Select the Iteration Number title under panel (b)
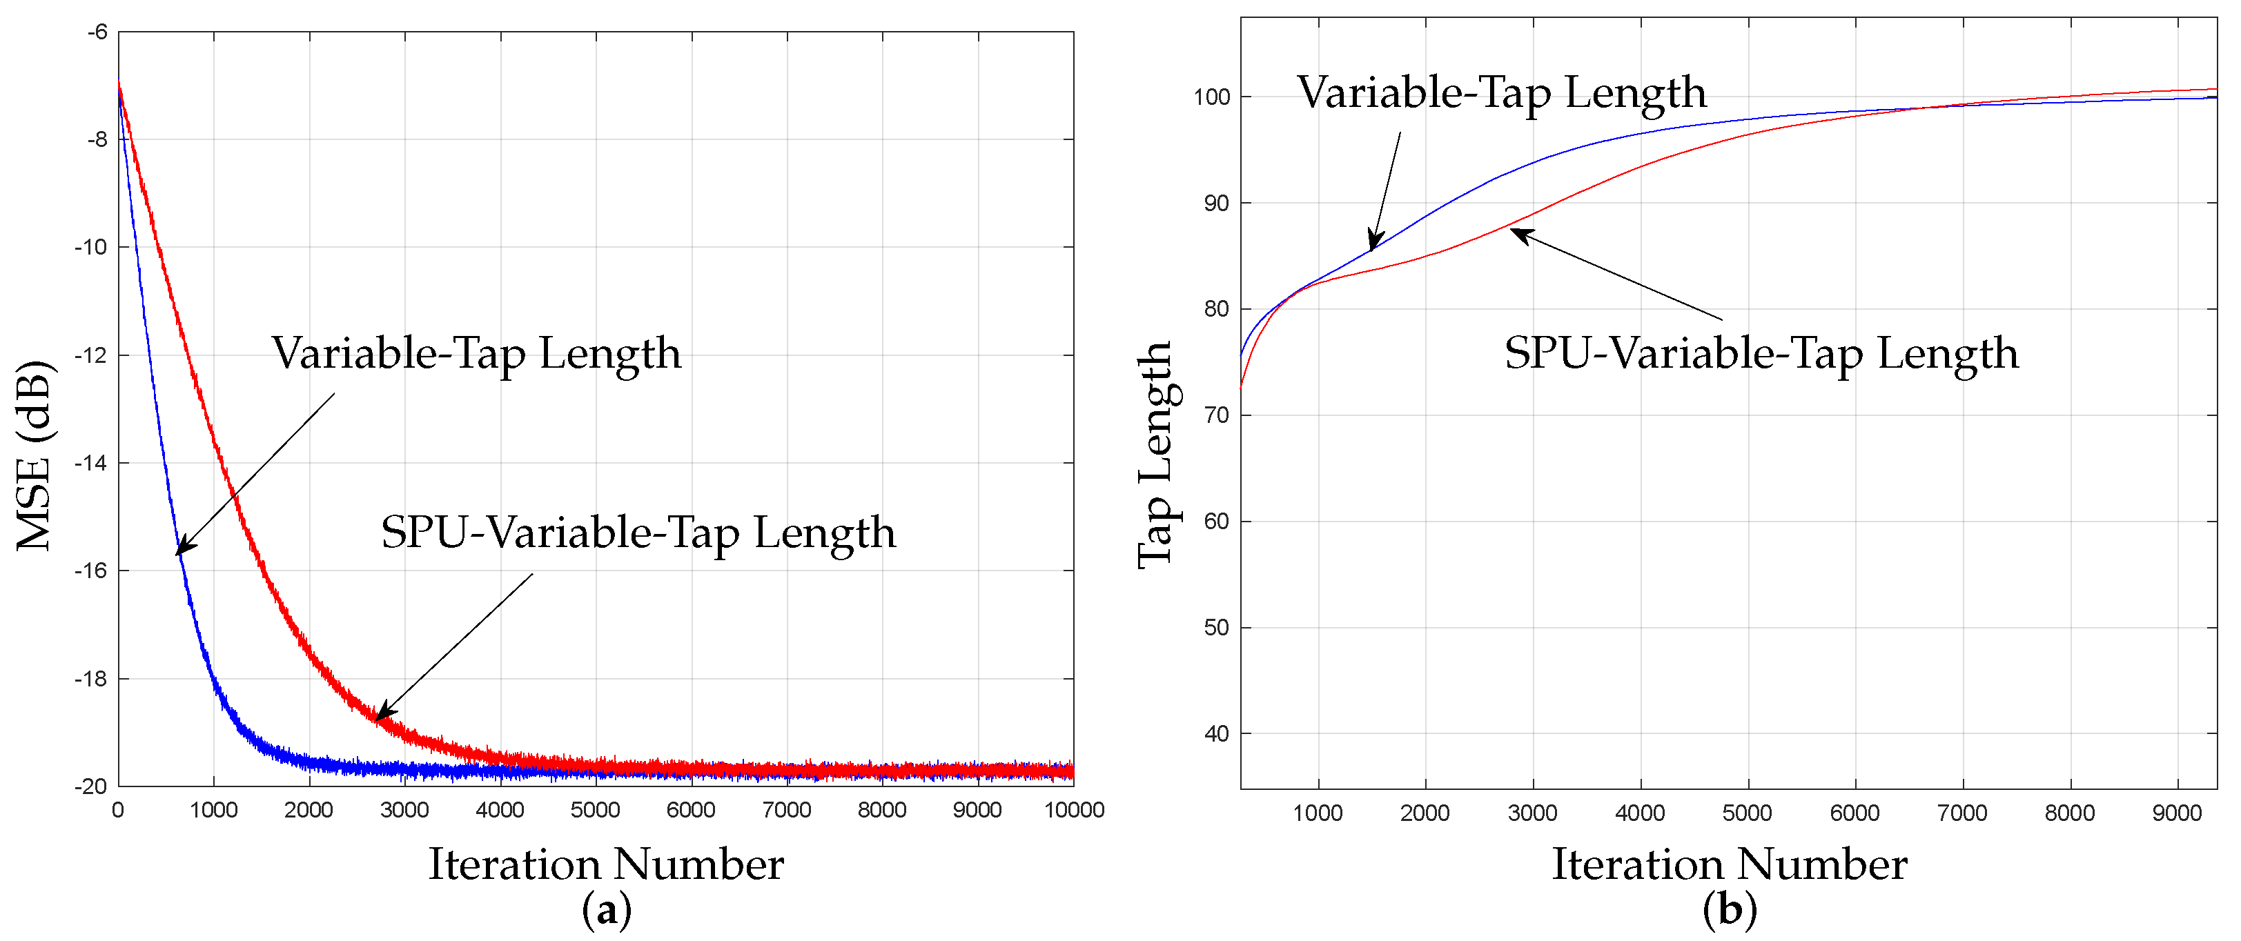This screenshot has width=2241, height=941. click(x=1730, y=864)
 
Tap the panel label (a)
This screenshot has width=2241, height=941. click(x=607, y=910)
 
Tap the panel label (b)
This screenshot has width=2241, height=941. click(x=1730, y=910)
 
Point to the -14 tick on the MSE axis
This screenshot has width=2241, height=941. click(x=90, y=463)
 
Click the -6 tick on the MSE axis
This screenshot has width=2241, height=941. click(x=97, y=32)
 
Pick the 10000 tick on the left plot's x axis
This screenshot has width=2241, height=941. click(x=1073, y=811)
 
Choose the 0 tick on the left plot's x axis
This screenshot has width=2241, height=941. click(x=118, y=811)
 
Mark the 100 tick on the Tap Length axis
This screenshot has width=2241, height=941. click(x=1212, y=97)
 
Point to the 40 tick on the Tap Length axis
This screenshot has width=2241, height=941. click(x=1216, y=734)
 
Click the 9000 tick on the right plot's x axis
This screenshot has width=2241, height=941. click(x=2177, y=813)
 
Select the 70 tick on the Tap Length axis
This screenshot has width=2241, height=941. click(x=1216, y=416)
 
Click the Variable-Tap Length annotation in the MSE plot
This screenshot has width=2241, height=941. click(x=476, y=353)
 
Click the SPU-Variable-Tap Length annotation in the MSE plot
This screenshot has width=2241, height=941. click(x=638, y=533)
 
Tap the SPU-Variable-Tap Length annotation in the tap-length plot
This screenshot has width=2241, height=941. click(x=1761, y=353)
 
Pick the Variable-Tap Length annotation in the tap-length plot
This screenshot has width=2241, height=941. click(x=1502, y=92)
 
